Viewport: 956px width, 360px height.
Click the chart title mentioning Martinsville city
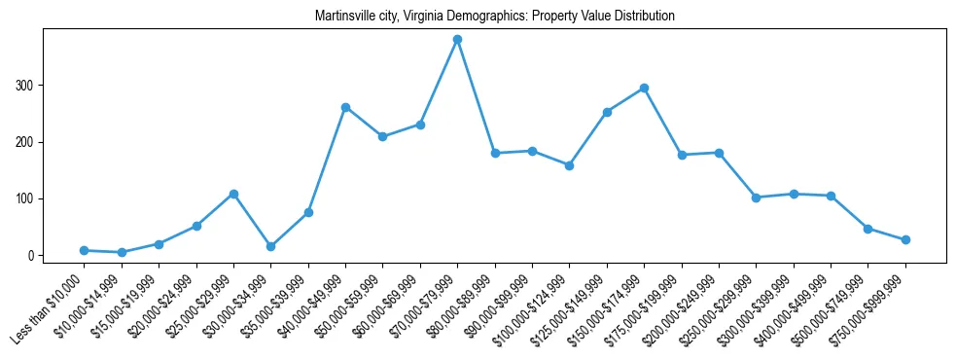tap(495, 17)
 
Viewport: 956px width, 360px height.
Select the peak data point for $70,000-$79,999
tap(457, 40)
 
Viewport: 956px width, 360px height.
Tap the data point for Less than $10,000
tap(85, 250)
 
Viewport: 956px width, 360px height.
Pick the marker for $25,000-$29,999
tap(233, 194)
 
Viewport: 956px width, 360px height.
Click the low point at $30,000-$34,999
tap(270, 246)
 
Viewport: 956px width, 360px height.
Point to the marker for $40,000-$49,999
tap(345, 107)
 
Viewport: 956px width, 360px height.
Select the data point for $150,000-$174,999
tap(644, 88)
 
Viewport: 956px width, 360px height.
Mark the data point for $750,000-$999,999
tap(905, 239)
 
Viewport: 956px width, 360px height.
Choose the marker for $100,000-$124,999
tap(569, 165)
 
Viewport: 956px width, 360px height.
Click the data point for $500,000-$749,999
tap(867, 229)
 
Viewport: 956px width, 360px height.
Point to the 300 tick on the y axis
tap(29, 86)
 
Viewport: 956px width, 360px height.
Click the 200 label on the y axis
tap(29, 142)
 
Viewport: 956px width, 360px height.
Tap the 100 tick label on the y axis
tap(29, 198)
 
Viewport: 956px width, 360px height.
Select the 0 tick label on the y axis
tap(34, 256)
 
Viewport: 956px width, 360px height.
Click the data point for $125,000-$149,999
tap(607, 112)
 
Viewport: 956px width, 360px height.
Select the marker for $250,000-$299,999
tap(756, 198)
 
